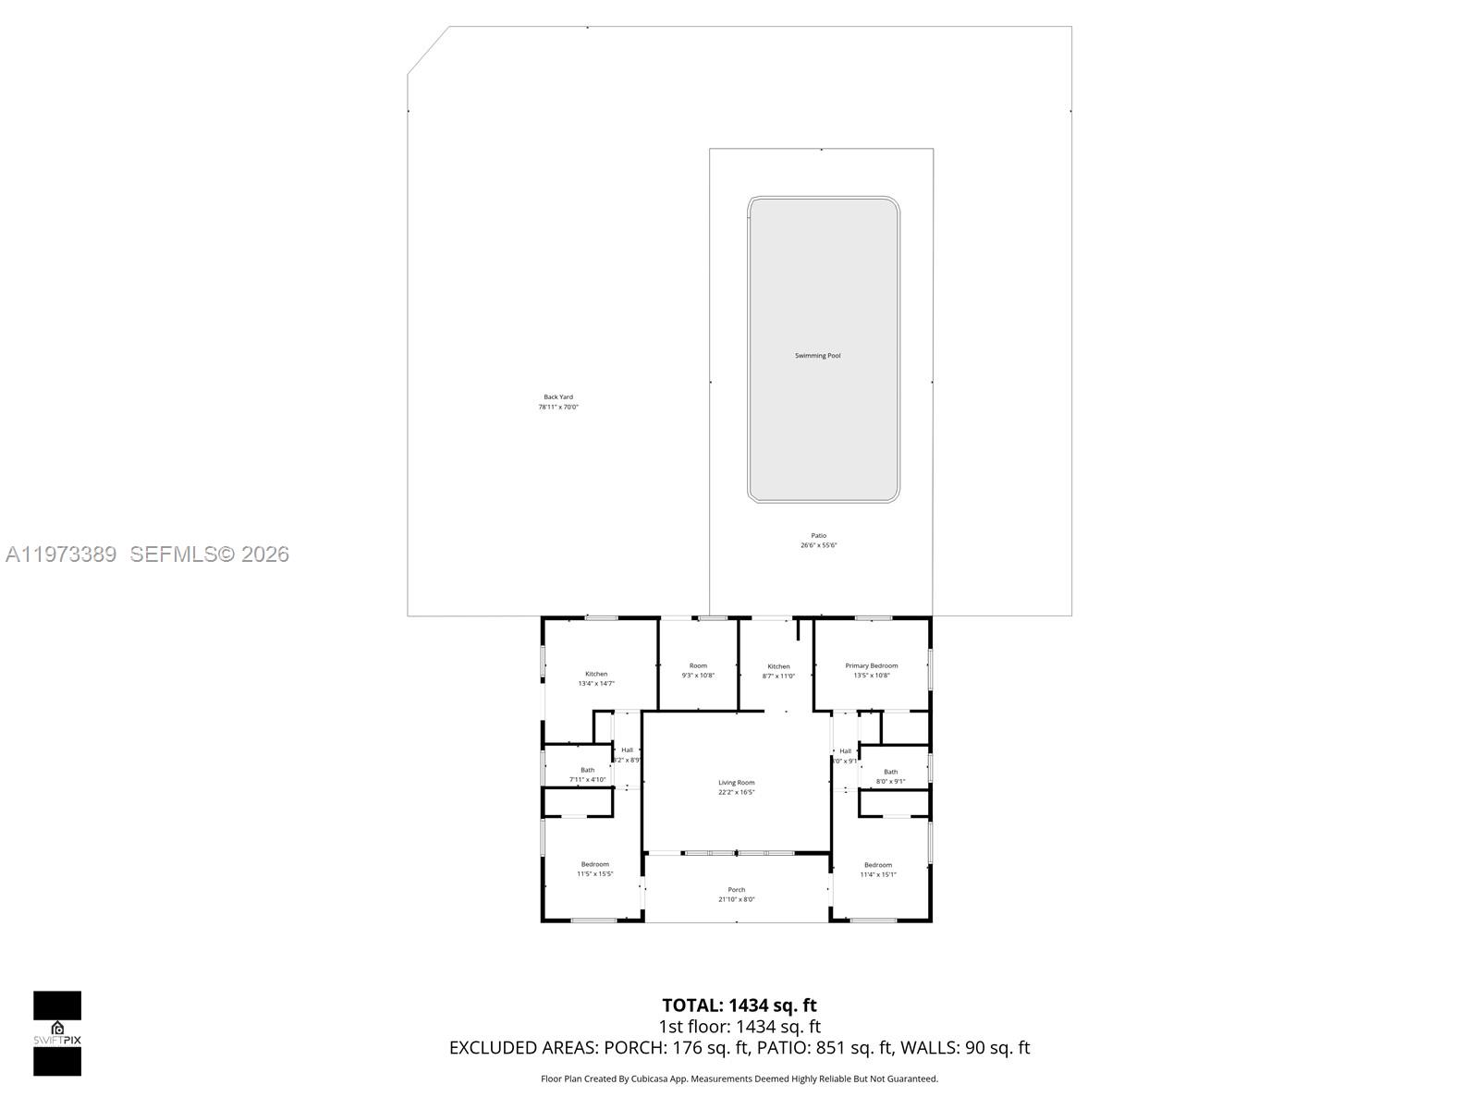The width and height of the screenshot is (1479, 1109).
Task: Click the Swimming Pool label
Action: tap(818, 356)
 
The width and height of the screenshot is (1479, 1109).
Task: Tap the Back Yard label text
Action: tap(558, 397)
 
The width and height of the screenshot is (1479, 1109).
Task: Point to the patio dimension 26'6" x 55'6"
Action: tap(819, 545)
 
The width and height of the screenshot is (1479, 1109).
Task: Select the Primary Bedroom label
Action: tap(871, 665)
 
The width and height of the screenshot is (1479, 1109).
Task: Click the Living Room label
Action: tap(737, 783)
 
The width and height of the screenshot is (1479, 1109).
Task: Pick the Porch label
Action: tap(737, 890)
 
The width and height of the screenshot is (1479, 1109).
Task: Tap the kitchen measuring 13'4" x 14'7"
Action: tap(596, 678)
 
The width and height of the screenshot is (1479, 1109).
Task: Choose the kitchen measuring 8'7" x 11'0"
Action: tap(778, 671)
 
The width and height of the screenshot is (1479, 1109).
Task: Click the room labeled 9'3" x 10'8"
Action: tap(698, 670)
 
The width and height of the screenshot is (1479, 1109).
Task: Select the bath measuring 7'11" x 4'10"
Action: tap(588, 774)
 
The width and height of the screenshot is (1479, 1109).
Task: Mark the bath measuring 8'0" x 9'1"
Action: tap(890, 776)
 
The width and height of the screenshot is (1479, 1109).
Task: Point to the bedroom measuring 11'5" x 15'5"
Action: tap(595, 869)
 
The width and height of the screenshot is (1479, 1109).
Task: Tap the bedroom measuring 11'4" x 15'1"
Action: tap(878, 870)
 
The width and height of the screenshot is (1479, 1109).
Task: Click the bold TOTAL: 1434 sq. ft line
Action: tap(739, 1005)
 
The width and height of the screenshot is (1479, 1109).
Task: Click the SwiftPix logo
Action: tap(57, 1033)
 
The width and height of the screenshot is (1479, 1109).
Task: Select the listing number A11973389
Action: tap(61, 554)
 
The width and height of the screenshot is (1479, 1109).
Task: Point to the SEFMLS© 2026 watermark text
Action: tap(210, 554)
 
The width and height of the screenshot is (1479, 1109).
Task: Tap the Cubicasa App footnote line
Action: tap(739, 1079)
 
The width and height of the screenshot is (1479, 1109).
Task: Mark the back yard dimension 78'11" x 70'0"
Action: tap(558, 408)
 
